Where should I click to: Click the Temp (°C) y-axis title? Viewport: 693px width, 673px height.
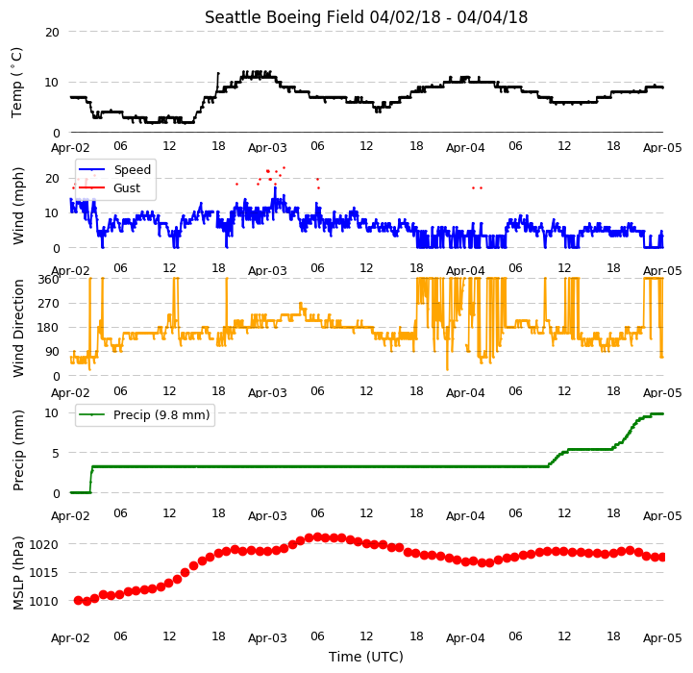coord(16,83)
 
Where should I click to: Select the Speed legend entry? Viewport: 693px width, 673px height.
coord(114,169)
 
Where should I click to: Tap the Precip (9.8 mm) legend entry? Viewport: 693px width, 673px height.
coord(144,414)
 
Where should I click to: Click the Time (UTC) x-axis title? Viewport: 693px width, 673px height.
coord(366,657)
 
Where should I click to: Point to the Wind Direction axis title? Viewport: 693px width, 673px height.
coord(18,328)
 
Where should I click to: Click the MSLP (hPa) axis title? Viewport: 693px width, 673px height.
coord(18,573)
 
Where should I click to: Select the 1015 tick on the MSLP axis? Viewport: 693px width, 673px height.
coord(43,573)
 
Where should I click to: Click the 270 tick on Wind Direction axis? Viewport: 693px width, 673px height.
coord(50,304)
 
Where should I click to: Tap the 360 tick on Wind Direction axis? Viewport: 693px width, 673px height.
coord(50,280)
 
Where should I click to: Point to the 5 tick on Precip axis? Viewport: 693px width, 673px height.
coord(55,453)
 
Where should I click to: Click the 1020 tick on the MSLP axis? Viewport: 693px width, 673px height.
coord(43,544)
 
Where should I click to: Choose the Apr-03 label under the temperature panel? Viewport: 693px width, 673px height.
coord(267,147)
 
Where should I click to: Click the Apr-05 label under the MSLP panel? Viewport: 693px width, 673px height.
coord(662,638)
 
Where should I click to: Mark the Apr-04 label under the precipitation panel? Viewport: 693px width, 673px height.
coord(465,515)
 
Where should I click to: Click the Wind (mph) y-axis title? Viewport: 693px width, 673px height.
coord(18,206)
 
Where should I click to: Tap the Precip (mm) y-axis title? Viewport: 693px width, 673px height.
coord(18,451)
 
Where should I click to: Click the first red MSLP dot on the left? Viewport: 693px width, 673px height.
coord(78,600)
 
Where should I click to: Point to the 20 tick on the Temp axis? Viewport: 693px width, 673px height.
coord(52,32)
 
